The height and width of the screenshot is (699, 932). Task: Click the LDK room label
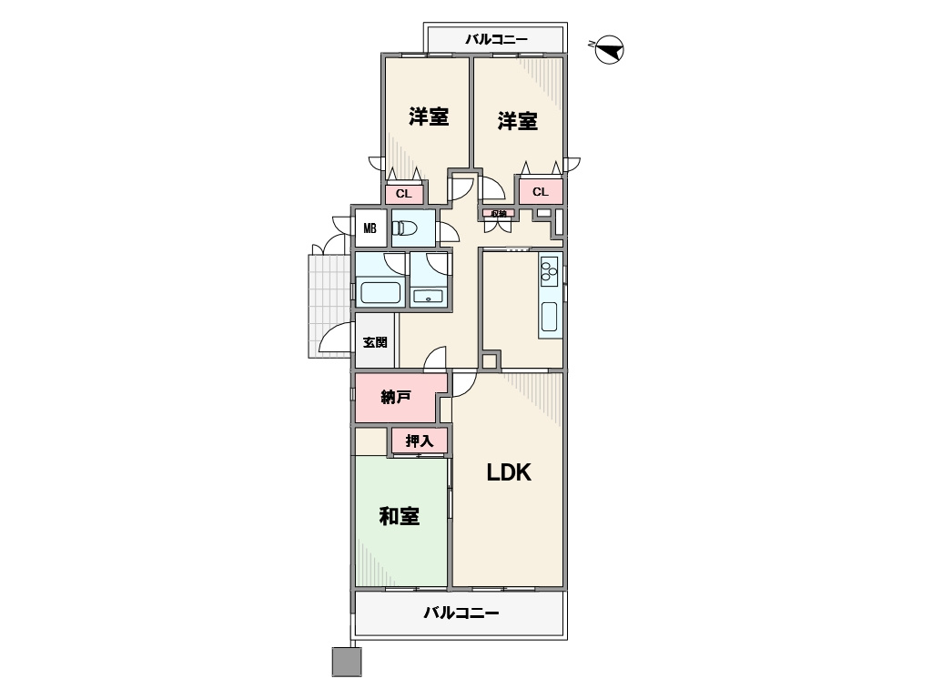(x=509, y=472)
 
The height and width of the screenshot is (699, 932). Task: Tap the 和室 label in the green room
(x=400, y=516)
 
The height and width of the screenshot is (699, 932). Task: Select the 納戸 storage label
(x=396, y=397)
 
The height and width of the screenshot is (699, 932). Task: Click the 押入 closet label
(x=419, y=441)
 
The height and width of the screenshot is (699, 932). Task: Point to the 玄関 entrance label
(x=375, y=342)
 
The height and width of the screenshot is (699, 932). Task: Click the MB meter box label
(x=370, y=228)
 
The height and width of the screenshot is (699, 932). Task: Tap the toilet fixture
(x=405, y=228)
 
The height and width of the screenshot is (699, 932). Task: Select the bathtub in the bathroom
(x=380, y=292)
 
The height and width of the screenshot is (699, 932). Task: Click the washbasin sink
(x=429, y=296)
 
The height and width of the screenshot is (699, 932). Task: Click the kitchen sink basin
(x=550, y=316)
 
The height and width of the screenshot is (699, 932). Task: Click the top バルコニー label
(x=496, y=39)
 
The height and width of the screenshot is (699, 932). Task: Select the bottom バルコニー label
(x=461, y=613)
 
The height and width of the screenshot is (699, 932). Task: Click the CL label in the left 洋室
(x=403, y=194)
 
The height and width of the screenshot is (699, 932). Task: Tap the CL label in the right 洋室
(x=541, y=191)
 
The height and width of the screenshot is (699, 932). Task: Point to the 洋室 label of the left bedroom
(x=429, y=116)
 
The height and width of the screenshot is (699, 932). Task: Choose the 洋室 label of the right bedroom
(x=518, y=121)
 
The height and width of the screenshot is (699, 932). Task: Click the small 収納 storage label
(x=499, y=213)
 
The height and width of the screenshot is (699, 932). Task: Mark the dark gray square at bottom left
(x=347, y=662)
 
